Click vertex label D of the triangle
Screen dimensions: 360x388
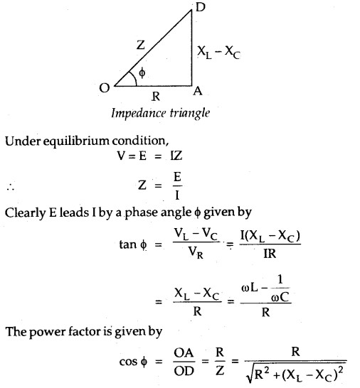click(x=201, y=7)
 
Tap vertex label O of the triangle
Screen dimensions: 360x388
click(x=105, y=87)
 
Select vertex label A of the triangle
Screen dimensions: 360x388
click(x=198, y=91)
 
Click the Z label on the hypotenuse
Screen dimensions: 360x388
click(x=141, y=45)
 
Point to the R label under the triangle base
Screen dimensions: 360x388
click(x=156, y=96)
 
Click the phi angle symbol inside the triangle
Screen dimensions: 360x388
click(x=142, y=73)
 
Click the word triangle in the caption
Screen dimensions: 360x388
click(x=190, y=114)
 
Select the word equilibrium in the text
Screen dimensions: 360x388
click(x=77, y=141)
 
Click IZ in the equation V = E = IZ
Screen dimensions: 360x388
click(x=176, y=156)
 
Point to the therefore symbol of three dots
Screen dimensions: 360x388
click(x=11, y=188)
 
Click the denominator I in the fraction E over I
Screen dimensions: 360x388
click(x=177, y=195)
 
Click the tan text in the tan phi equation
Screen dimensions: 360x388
click(x=128, y=244)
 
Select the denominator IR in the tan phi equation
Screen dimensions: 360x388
click(x=270, y=254)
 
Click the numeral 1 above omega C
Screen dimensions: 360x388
click(x=280, y=279)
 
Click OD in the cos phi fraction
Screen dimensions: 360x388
click(x=184, y=371)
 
